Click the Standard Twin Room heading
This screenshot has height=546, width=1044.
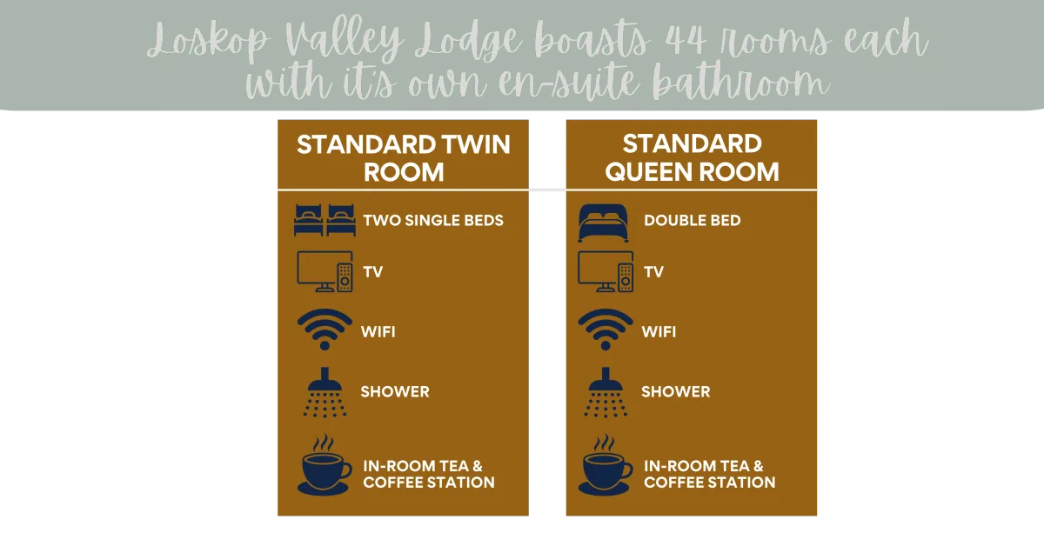coord(404,158)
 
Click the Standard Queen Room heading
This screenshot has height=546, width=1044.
coord(693,157)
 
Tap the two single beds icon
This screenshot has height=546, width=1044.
coord(325,220)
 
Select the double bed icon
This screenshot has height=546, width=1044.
coord(604,223)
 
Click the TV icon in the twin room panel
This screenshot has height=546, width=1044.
coord(325,271)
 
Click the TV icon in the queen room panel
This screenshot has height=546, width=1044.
coord(606,271)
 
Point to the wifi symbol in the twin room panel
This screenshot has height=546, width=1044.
coord(325,330)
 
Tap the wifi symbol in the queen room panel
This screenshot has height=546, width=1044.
coord(606,330)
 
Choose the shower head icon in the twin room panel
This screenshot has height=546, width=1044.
coord(325,392)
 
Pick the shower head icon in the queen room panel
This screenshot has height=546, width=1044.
coord(606,392)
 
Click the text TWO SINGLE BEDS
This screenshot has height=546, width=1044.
coord(433,220)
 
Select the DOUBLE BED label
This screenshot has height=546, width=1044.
coord(693,220)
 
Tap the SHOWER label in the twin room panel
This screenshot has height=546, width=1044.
coord(395,392)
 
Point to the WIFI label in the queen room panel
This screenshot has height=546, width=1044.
coord(659,332)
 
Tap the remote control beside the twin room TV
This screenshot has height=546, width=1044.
coord(345,277)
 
